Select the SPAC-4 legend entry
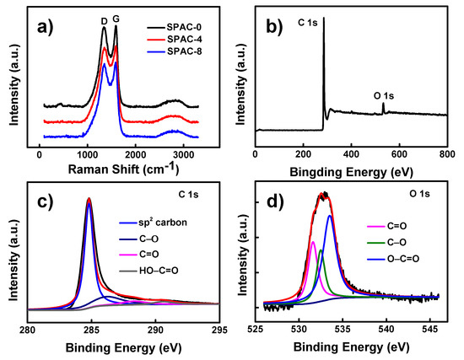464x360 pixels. click(175, 40)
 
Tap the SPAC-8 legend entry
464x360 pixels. click(175, 51)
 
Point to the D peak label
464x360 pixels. click(104, 21)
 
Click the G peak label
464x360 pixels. click(116, 19)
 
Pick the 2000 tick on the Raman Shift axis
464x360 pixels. click(135, 155)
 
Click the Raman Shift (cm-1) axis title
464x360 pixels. click(123, 169)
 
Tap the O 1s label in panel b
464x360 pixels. click(384, 96)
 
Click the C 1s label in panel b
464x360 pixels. click(308, 22)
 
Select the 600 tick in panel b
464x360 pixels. click(400, 154)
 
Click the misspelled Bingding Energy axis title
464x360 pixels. click(351, 172)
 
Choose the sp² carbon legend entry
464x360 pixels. click(154, 223)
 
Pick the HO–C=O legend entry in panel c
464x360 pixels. click(148, 271)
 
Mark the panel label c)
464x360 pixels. click(46, 201)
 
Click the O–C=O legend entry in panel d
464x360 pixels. click(393, 259)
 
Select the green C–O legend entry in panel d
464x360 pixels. click(386, 243)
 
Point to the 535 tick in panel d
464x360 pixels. click(343, 330)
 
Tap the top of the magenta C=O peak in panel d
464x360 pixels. click(313, 242)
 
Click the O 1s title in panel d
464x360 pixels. click(419, 194)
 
